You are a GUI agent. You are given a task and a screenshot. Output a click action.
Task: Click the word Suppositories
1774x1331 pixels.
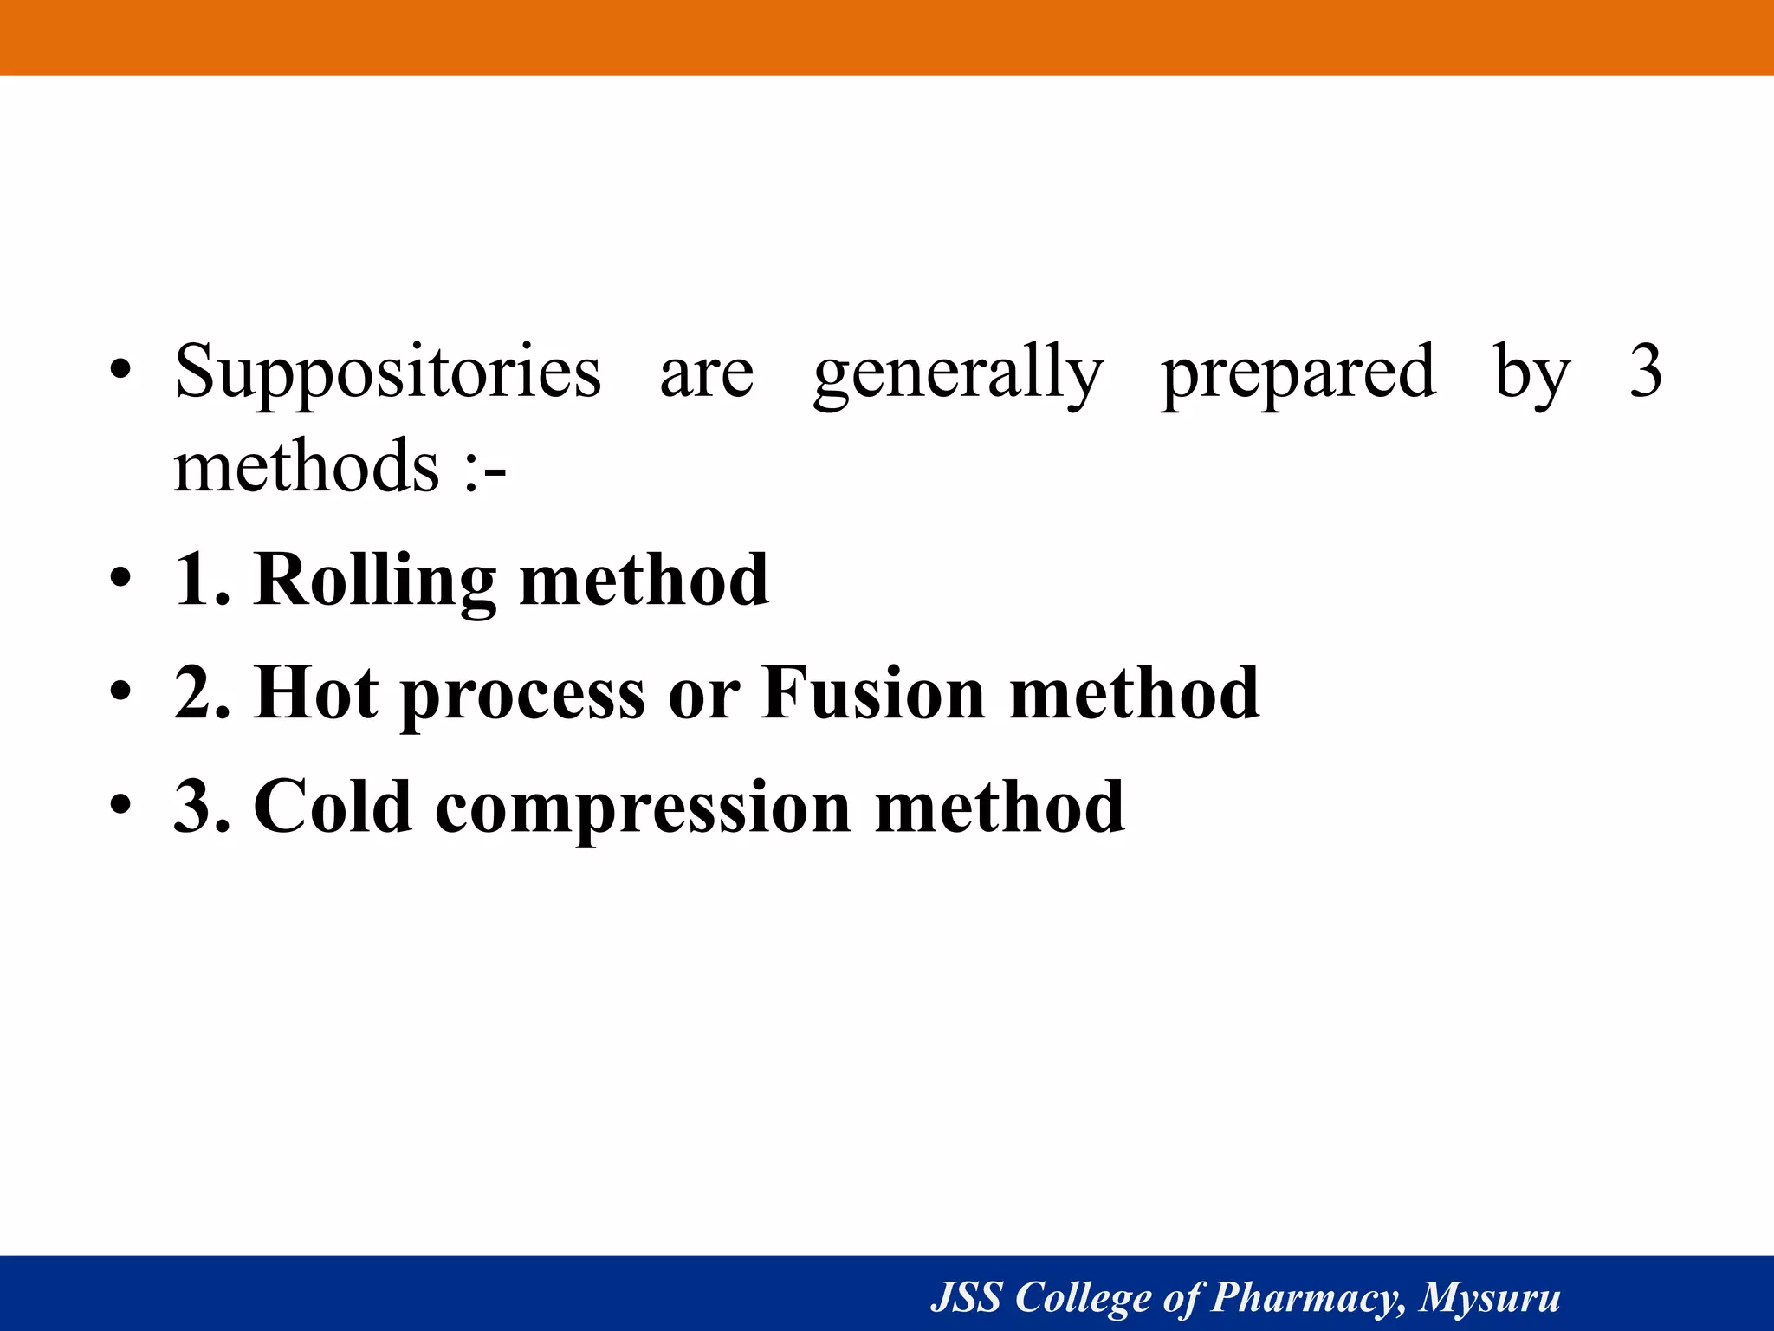coord(387,373)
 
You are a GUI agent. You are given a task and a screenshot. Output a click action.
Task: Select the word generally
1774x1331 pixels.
coord(957,373)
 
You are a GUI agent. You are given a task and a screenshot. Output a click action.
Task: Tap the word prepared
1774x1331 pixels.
coord(1298,373)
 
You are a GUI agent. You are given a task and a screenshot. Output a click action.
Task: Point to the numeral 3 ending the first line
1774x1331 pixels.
coord(1645,371)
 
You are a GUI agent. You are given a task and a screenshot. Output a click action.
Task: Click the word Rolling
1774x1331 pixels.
coord(374,581)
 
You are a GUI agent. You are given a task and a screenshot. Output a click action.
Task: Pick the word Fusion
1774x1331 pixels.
coord(873,693)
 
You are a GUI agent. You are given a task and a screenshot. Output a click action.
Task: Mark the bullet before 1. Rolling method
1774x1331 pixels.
coord(120,578)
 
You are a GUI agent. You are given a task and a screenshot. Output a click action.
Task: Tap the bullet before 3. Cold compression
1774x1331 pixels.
coord(120,805)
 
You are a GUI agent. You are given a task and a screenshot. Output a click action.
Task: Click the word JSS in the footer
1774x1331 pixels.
coord(966,1297)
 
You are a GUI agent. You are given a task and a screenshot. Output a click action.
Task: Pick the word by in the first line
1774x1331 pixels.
coord(1531,373)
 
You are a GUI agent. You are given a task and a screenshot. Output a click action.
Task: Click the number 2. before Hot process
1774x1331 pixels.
coord(202,693)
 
